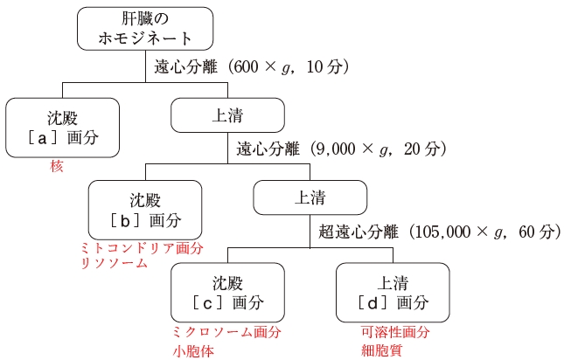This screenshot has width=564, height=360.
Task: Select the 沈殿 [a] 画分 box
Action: tap(62, 127)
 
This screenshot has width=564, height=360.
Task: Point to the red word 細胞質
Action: tap(378, 351)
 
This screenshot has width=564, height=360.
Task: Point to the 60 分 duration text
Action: tap(538, 232)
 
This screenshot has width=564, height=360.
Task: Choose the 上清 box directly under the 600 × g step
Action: tap(227, 114)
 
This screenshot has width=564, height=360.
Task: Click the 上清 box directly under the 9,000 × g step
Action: tap(310, 197)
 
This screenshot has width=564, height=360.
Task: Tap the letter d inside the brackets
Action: tap(374, 303)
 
